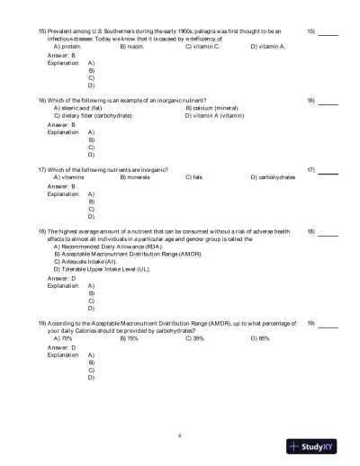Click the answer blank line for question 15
328,34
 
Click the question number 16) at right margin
310,100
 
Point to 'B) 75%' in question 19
129,338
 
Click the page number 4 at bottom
180,435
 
